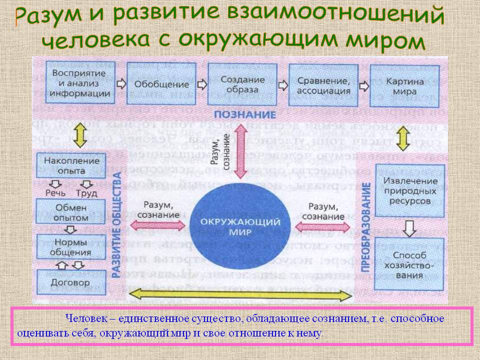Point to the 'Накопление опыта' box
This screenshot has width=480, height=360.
[71, 166]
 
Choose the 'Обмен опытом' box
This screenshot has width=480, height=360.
[71, 212]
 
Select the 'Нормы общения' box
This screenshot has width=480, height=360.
[71, 246]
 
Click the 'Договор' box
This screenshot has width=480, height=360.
[71, 282]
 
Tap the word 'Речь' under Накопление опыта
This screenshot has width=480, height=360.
[54, 193]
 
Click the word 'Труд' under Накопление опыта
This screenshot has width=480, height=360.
[86, 193]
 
